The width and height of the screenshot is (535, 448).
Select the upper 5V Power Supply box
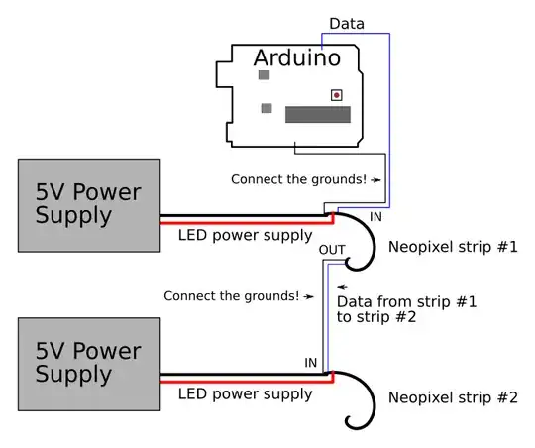(x=88, y=203)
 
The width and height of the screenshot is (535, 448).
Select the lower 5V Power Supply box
(x=88, y=363)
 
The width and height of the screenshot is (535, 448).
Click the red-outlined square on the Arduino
(x=337, y=95)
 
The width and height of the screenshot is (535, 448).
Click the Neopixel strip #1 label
(x=452, y=246)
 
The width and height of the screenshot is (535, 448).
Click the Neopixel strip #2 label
(x=452, y=398)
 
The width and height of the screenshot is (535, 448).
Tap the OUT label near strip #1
(x=333, y=251)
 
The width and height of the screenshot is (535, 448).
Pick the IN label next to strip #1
(x=375, y=216)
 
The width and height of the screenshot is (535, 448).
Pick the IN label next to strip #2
(x=311, y=364)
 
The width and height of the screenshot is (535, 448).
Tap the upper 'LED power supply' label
(x=245, y=236)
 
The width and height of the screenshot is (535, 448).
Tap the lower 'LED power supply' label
(x=245, y=394)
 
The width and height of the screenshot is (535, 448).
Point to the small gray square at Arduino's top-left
(x=264, y=74)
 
